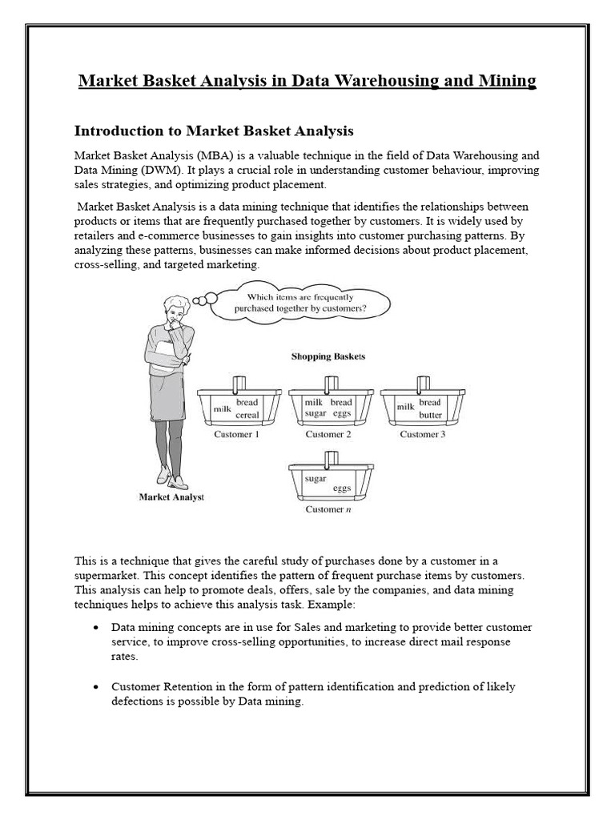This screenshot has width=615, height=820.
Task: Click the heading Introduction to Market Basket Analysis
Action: pos(214,130)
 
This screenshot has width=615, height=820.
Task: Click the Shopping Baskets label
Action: pos(328,356)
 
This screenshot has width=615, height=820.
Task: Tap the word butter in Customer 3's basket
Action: pos(430,416)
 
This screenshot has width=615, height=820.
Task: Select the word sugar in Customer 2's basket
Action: pos(316,414)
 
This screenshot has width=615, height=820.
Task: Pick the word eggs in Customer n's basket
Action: pos(342,488)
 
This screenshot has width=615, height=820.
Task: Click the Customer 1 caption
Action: pos(237,435)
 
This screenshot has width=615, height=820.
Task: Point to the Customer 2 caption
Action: pos(328,435)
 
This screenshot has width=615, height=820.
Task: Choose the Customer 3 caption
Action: pos(420,435)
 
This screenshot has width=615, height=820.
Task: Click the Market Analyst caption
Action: pos(171,497)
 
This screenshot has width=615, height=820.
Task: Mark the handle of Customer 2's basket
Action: pos(329,384)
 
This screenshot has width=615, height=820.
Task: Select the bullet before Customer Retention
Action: pos(96,687)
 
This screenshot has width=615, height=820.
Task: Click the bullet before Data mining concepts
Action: pos(96,627)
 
